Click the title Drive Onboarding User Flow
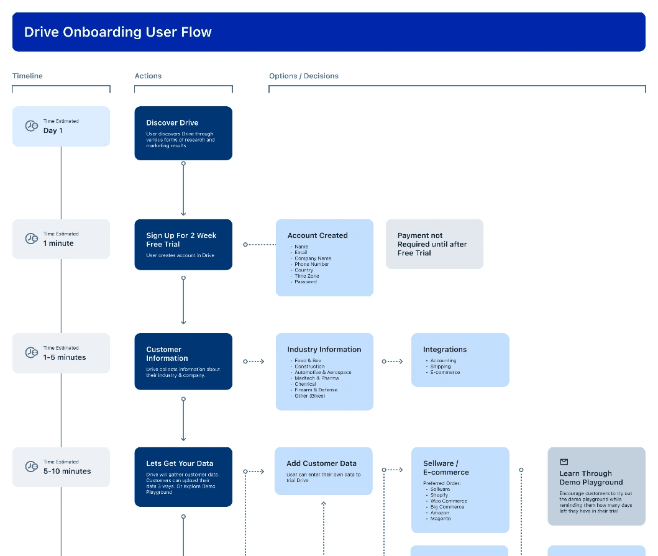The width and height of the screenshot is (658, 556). tap(117, 32)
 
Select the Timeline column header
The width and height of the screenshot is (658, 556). tap(27, 76)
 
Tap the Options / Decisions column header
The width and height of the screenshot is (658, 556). tap(303, 76)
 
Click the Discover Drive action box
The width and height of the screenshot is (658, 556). tap(183, 133)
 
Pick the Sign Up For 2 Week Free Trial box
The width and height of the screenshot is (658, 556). tap(183, 244)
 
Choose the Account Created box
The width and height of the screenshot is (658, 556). tap(324, 257)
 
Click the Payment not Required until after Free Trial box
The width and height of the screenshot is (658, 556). tap(434, 244)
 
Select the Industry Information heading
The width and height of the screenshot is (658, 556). tap(324, 350)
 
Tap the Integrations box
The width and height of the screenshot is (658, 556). tap(460, 360)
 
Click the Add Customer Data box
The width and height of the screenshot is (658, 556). tap(323, 470)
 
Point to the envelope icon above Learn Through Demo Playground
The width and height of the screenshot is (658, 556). tap(564, 462)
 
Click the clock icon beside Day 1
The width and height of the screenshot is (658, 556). tap(31, 126)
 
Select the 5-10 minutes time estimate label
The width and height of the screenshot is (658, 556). tap(67, 472)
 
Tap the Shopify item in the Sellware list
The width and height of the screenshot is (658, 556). tap(439, 495)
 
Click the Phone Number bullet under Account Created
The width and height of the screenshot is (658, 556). tap(311, 264)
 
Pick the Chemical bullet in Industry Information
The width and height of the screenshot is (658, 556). tap(306, 384)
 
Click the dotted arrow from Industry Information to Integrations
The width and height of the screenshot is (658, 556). tap(392, 362)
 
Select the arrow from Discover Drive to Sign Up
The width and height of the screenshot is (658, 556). tap(183, 188)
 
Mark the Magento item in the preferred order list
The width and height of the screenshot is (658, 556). tap(441, 518)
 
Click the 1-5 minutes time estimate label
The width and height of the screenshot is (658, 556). tap(65, 358)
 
